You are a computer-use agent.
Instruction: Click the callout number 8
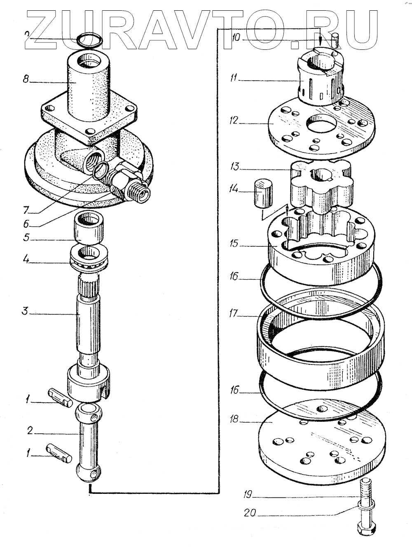(x=26, y=79)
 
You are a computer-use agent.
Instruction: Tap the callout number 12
(x=234, y=121)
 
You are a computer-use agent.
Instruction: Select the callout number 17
(x=234, y=314)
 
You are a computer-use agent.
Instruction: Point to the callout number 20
(x=250, y=513)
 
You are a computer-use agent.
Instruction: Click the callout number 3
(x=26, y=311)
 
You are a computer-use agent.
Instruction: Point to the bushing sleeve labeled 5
(x=87, y=228)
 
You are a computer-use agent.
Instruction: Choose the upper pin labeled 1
(x=60, y=397)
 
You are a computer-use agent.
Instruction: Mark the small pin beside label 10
(x=335, y=40)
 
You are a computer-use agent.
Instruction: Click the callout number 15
(x=234, y=244)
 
